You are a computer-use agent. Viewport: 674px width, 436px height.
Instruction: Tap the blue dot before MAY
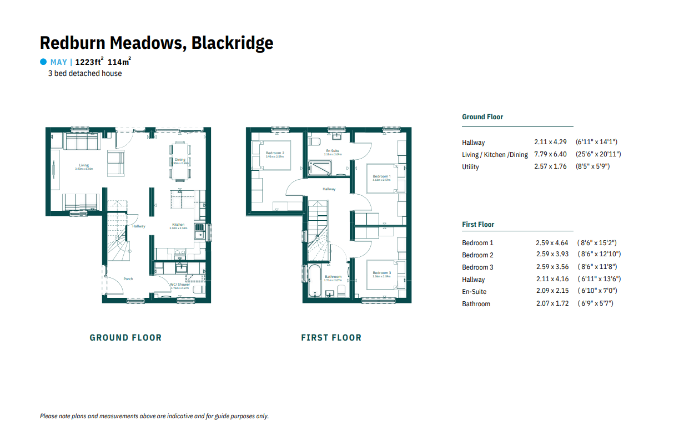tap(43, 62)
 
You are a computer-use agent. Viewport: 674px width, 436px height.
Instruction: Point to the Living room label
tap(84, 165)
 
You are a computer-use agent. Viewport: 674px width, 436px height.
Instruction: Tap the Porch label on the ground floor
tap(128, 279)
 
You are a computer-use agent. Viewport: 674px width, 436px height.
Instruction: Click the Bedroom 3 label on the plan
tap(381, 273)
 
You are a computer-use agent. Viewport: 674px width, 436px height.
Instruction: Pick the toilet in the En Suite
tap(313, 142)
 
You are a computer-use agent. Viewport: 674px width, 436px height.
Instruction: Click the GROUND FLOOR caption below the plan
tap(125, 337)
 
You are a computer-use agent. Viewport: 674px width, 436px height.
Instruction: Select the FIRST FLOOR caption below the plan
tap(331, 337)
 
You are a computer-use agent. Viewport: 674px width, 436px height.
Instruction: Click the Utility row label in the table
tap(470, 167)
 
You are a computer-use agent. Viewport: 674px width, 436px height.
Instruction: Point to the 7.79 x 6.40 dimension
tap(551, 155)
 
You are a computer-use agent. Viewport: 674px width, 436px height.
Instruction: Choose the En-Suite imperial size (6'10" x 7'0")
tap(597, 292)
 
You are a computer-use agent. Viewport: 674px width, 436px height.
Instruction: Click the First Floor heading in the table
tap(478, 225)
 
